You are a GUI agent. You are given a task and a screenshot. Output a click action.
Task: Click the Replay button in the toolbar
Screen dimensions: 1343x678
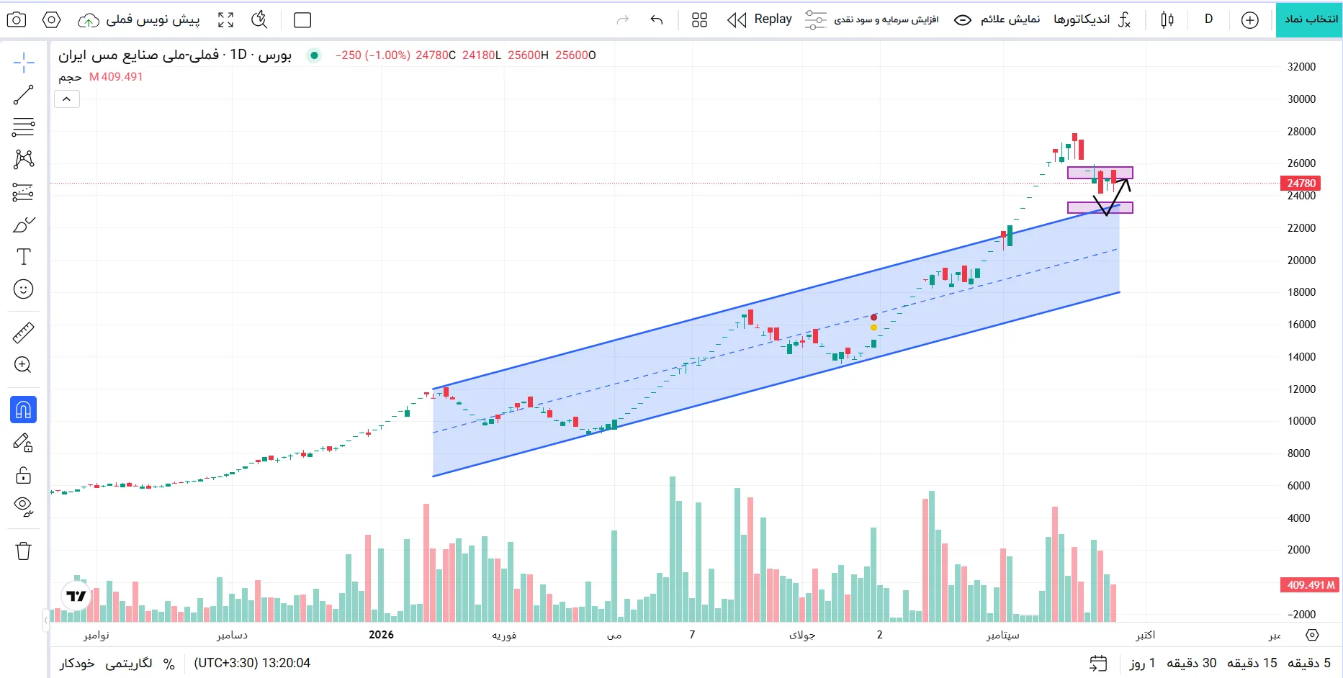(759, 19)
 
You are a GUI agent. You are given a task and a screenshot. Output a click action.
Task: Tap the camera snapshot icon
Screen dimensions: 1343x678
(17, 19)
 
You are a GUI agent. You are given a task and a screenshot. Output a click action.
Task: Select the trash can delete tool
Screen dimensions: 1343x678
(23, 551)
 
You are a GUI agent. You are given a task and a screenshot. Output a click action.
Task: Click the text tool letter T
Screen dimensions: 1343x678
(23, 257)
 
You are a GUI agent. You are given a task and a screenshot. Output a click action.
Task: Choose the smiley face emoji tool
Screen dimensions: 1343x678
(23, 289)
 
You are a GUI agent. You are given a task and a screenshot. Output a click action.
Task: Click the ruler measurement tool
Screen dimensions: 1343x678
(23, 333)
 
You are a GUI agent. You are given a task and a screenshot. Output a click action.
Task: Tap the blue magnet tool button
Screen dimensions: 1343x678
(23, 410)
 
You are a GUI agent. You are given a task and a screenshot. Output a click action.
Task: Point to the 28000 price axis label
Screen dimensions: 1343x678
(1301, 131)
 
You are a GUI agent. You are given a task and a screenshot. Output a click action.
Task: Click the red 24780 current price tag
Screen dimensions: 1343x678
(1301, 183)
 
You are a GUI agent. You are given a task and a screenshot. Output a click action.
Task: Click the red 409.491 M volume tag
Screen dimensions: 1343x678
(1309, 584)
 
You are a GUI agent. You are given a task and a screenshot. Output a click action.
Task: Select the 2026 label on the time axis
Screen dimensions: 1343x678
(381, 634)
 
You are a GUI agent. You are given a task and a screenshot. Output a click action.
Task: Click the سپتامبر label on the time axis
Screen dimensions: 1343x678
(1002, 635)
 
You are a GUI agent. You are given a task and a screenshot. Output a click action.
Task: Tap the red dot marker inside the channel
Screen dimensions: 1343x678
(873, 317)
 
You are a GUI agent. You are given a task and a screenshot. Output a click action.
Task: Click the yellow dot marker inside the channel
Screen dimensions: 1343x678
(873, 327)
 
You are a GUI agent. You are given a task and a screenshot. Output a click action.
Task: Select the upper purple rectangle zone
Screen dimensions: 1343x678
(1100, 173)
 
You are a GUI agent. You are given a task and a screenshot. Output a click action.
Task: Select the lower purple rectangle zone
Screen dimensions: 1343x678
(1100, 208)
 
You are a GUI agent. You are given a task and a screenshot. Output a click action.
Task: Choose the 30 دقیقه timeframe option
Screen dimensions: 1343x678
(1191, 663)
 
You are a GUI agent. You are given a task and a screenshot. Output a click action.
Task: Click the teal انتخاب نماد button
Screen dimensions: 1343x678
(1309, 19)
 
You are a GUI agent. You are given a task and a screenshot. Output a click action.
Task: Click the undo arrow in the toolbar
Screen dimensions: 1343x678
(656, 19)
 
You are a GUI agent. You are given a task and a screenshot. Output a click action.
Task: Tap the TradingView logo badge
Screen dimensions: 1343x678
(76, 596)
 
